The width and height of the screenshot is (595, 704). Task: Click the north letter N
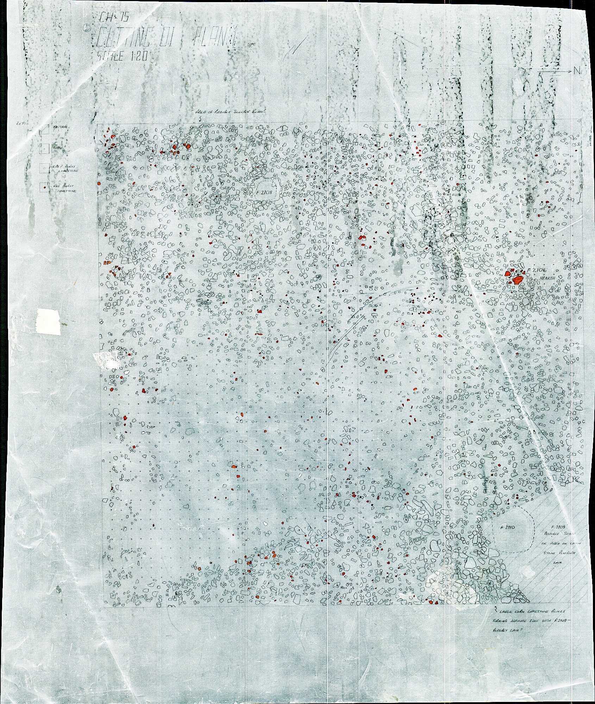pos(576,71)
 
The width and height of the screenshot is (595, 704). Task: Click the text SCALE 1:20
pos(118,56)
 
